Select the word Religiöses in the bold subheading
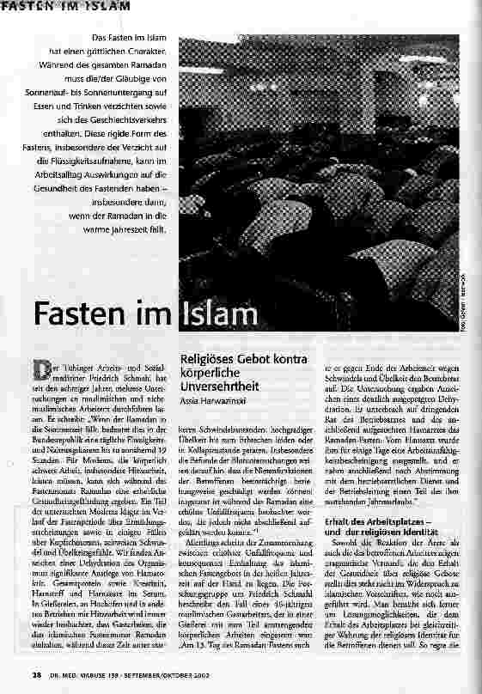[202, 363]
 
